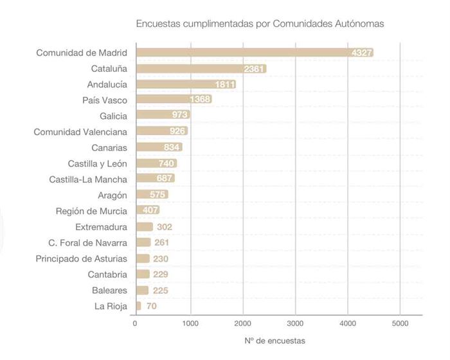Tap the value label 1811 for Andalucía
225,84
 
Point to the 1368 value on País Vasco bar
201,100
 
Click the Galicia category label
113,116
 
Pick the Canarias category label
109,147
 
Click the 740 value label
167,163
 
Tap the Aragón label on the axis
113,195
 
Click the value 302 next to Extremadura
165,227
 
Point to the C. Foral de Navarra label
87,242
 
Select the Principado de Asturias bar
142,258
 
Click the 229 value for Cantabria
161,274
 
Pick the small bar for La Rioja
138,306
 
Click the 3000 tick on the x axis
295,323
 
